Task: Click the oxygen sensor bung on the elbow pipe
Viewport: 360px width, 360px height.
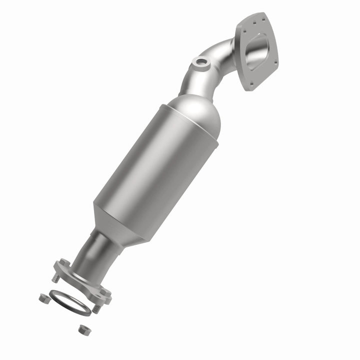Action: coord(201,62)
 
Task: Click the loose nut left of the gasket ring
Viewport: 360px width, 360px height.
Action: coord(43,298)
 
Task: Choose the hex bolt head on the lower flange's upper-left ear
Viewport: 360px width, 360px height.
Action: coord(63,262)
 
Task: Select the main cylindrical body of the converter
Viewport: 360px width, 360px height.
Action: coord(155,170)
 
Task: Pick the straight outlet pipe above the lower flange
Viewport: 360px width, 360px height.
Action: coord(97,252)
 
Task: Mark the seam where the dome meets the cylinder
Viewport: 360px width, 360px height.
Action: coord(190,125)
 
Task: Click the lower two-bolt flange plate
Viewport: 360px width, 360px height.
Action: coord(82,280)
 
